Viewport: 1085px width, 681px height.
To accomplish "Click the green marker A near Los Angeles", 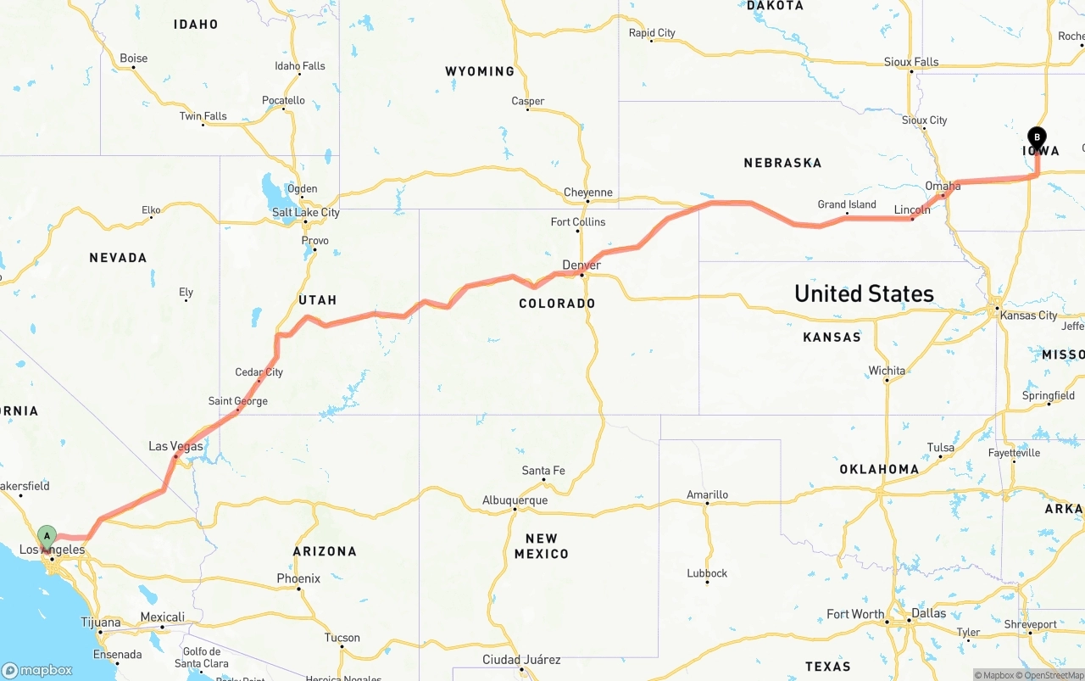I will coord(47,536).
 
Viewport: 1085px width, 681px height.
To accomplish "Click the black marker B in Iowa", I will coord(1037,137).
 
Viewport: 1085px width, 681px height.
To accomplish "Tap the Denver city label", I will coord(581,265).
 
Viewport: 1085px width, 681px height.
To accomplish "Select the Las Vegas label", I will coord(175,446).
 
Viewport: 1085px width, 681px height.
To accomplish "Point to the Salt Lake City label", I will coord(305,212).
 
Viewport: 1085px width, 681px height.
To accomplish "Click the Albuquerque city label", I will coord(515,500).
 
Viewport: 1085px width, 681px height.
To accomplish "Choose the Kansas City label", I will coord(1028,315).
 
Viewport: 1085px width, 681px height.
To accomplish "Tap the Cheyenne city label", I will coord(587,193).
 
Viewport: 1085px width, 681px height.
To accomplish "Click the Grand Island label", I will coord(846,204).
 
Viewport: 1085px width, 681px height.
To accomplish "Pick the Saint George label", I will coord(237,401).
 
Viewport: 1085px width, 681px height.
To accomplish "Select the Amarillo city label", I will coord(707,494).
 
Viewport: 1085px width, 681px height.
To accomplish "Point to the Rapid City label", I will coord(652,33).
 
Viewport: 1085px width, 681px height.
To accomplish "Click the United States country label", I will coord(864,293).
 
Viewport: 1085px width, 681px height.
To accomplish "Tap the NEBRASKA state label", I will coord(782,163).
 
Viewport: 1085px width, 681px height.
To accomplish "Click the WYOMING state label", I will coord(480,71).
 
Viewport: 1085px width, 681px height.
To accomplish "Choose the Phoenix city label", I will coord(298,578).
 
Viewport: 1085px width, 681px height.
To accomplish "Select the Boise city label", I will coord(133,59).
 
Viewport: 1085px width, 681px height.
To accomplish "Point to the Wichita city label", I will coord(887,371).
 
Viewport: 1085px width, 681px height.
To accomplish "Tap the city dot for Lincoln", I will coord(912,219).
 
